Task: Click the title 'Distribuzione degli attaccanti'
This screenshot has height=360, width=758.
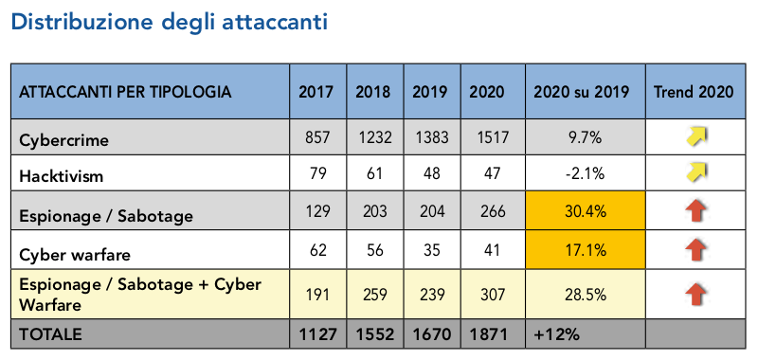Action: click(x=170, y=22)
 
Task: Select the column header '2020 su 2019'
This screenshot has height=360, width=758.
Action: click(x=583, y=92)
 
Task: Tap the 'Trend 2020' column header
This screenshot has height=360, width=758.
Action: click(x=694, y=92)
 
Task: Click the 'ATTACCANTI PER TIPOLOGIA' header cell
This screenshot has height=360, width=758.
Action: click(x=124, y=92)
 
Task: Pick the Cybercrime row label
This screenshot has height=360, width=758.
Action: click(x=64, y=139)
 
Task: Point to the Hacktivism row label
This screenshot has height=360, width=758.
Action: click(x=61, y=176)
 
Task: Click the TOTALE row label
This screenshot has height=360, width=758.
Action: click(x=50, y=334)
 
